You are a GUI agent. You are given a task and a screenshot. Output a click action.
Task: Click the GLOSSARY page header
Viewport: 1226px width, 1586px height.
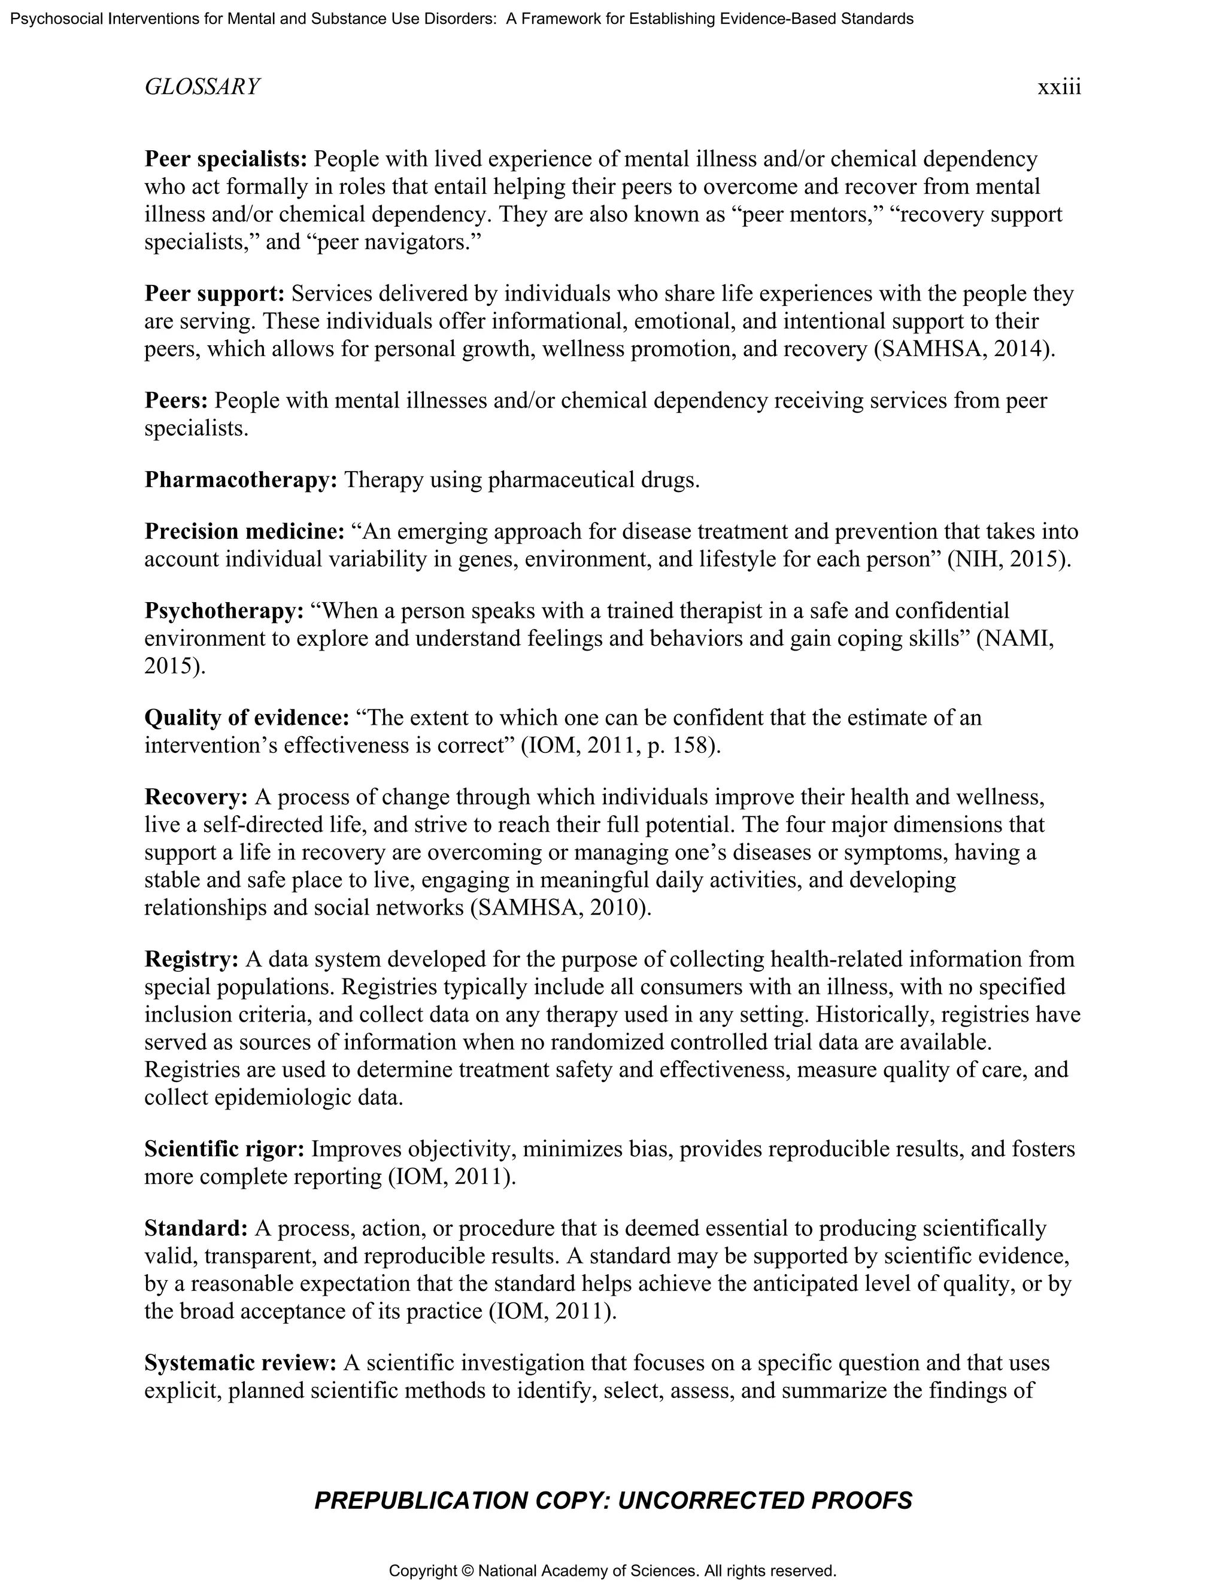pos(202,87)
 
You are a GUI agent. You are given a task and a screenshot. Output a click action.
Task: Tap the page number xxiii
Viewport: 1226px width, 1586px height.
pos(1059,87)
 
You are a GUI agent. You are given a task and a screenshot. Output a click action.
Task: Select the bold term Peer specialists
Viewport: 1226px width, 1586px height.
pos(226,159)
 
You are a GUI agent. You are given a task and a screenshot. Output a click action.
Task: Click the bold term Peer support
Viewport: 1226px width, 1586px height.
pos(214,293)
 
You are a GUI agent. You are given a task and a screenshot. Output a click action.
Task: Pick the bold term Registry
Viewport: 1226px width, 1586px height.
pos(191,959)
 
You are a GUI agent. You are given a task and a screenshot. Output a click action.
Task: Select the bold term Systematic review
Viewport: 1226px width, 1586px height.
pos(239,1363)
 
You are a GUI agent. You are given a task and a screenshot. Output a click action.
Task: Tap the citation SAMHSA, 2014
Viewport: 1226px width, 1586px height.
pos(963,350)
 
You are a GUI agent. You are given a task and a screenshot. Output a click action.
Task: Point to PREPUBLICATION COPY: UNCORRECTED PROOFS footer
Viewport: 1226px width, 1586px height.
pos(613,1500)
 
